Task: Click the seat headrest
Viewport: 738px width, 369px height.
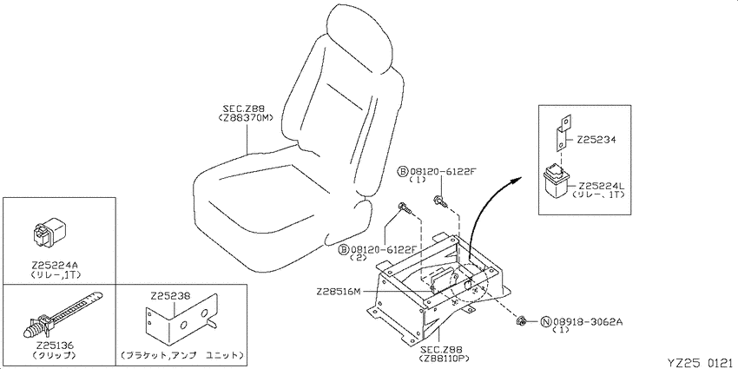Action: tap(359, 36)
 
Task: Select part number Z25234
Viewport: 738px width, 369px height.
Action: tap(596, 140)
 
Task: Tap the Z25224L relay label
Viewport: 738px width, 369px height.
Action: tap(601, 186)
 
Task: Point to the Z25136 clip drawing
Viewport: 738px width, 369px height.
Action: tap(63, 315)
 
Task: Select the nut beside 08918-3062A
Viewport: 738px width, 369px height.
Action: tap(521, 322)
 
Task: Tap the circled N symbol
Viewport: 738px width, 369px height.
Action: tap(546, 322)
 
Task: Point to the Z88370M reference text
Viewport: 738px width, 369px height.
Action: tap(246, 118)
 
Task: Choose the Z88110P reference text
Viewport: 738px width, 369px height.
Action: tap(438, 359)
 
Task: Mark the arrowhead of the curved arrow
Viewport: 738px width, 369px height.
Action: tap(517, 180)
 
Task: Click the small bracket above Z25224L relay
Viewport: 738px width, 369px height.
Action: tap(563, 134)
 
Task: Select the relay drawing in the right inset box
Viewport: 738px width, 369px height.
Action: tap(557, 181)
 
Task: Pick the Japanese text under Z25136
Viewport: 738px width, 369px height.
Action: tap(55, 354)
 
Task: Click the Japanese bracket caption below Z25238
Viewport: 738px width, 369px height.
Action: tap(181, 354)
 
